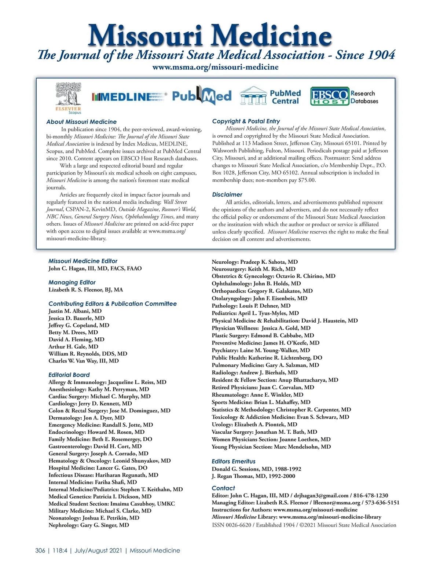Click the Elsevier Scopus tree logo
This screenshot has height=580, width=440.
(x=68, y=96)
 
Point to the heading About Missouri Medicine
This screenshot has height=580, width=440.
(x=81, y=122)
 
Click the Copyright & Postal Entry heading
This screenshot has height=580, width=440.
(x=246, y=121)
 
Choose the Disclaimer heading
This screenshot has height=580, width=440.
(x=227, y=194)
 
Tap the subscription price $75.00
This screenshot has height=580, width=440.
(x=307, y=180)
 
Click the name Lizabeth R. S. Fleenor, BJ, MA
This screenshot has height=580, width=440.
(x=86, y=290)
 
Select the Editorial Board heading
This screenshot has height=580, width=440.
(x=69, y=375)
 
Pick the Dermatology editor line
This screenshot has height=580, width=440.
(x=87, y=418)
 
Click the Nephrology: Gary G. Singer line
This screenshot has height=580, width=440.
(x=89, y=525)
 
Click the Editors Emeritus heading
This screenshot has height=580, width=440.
(x=233, y=461)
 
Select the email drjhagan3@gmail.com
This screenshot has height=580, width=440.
(x=321, y=495)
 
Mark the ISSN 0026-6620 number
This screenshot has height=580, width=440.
(x=232, y=525)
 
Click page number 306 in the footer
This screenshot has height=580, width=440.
(x=40, y=550)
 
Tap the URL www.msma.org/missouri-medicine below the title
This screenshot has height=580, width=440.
(x=215, y=67)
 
